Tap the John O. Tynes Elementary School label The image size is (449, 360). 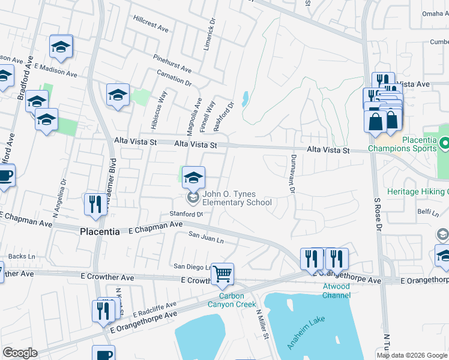click(x=237, y=198)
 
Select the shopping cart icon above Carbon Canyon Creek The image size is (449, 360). click(x=223, y=274)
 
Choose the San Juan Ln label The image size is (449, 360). click(x=206, y=238)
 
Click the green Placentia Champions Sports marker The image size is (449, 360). click(x=445, y=144)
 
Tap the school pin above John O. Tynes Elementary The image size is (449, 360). click(x=193, y=178)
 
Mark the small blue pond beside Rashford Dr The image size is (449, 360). click(x=245, y=98)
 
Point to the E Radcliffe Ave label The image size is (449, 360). click(x=155, y=309)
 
